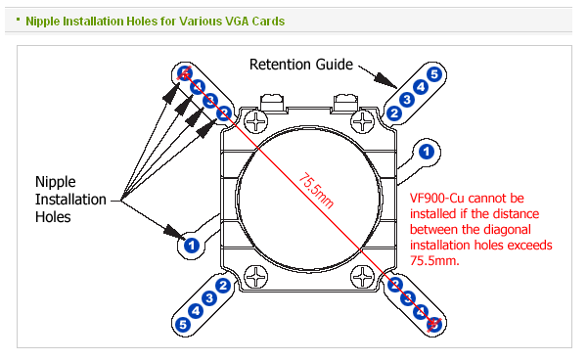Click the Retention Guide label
click(x=301, y=65)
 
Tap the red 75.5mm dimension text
click(x=316, y=191)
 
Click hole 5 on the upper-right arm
click(x=434, y=74)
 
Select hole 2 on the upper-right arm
click(x=393, y=112)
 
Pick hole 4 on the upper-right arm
click(x=421, y=87)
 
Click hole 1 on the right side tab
click(x=427, y=152)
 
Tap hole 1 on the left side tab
click(x=192, y=246)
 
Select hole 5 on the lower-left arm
click(x=183, y=325)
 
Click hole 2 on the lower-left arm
click(x=223, y=286)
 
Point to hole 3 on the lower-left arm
click(x=209, y=298)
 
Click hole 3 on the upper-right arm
click(x=407, y=100)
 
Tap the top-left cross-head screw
click(x=256, y=121)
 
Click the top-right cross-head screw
click(x=363, y=121)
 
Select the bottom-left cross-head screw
click(x=256, y=277)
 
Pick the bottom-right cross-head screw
click(x=363, y=277)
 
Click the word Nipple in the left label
click(x=56, y=182)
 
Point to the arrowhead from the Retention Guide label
click(x=387, y=80)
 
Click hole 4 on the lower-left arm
click(x=196, y=311)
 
